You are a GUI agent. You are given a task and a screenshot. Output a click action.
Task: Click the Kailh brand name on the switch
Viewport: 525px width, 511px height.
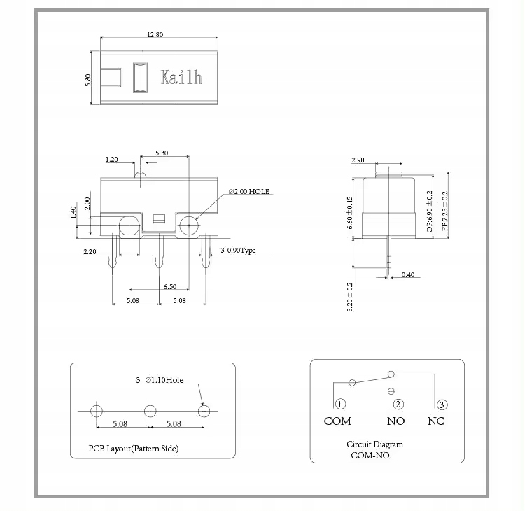pos(181,77)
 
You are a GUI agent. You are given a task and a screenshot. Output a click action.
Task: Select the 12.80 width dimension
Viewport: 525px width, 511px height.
pos(155,35)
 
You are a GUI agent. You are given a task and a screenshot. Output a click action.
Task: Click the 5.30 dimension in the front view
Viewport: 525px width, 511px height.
pos(161,153)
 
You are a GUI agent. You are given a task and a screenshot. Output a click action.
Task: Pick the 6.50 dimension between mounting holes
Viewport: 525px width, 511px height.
pos(169,287)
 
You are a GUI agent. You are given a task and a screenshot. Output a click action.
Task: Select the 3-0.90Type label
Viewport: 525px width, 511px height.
pos(238,250)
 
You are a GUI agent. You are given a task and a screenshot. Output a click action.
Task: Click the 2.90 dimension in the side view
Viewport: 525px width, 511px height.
pos(358,160)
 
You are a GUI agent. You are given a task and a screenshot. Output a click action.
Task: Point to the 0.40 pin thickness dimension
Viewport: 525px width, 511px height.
pos(407,274)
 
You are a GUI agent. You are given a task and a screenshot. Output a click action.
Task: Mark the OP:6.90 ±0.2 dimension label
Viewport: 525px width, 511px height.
pos(429,211)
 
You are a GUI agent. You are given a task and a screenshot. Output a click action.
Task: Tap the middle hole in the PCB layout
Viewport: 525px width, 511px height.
pos(149,410)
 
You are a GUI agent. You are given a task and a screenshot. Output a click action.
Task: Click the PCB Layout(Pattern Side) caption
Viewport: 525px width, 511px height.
pos(133,448)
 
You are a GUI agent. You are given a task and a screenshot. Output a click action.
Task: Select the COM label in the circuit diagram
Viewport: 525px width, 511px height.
pos(337,421)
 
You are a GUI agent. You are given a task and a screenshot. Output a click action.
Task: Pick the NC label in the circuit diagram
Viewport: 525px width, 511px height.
pos(435,421)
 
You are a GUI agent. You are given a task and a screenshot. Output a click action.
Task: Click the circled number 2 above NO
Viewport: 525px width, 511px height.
pos(398,404)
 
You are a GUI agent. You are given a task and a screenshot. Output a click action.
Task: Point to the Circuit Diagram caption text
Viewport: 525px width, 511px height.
pos(374,444)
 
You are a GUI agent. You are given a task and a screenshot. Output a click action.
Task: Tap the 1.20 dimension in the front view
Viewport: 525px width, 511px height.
pos(111,160)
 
